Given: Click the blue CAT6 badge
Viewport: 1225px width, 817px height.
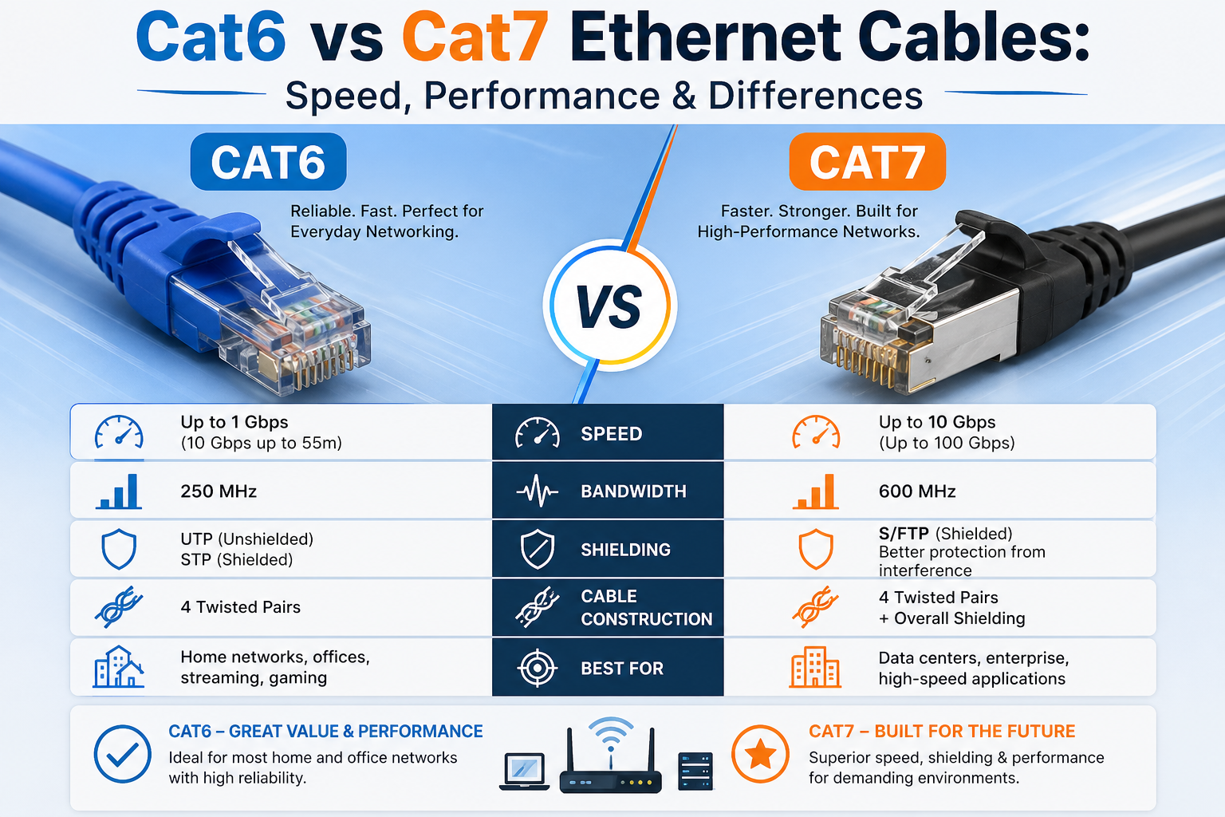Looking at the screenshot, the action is point(268,162).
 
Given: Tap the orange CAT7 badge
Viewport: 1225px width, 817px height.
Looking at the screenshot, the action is point(868,162).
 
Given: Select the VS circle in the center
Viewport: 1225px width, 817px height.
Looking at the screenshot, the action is point(610,306).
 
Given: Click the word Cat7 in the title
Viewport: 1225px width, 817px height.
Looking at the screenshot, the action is point(475,37).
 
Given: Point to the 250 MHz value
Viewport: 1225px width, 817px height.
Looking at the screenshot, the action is point(219,491).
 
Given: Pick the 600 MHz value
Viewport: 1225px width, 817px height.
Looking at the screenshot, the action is point(917,491).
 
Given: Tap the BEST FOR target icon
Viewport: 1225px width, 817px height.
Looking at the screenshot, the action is point(538,668).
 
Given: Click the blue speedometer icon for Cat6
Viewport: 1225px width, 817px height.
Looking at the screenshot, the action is point(119,432).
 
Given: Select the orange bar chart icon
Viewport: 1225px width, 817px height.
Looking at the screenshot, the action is point(815,492).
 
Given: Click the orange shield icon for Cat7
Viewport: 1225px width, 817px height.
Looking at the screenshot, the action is point(816,549).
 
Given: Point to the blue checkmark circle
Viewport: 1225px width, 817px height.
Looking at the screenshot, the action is point(123,754).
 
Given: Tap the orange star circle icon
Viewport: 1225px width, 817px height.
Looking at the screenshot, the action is point(760,754).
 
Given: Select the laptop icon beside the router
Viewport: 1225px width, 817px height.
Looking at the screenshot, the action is point(525,772).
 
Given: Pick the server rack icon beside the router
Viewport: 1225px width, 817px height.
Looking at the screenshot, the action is point(695,772).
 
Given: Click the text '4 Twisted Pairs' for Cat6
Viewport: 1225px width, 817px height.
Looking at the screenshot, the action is point(241,607).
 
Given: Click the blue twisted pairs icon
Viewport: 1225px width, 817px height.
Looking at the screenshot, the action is point(119,607).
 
